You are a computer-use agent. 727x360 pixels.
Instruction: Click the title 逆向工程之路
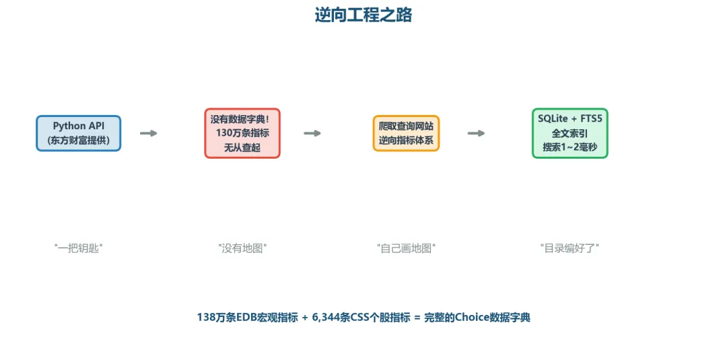(x=363, y=15)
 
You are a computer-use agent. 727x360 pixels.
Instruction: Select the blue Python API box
(x=79, y=133)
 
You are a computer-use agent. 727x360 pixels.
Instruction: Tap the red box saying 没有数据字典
(x=242, y=133)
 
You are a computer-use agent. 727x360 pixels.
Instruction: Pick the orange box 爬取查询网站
(x=406, y=133)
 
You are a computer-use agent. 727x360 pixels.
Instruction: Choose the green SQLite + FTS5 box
(x=569, y=133)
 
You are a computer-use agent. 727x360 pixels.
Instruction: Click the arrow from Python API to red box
(x=148, y=133)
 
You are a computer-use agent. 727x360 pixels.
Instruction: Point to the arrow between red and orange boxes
(x=312, y=133)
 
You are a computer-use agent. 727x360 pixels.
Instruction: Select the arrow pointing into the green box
(x=476, y=133)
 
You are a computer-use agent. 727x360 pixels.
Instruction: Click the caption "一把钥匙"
(x=79, y=248)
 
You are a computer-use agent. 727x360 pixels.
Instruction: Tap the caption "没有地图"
(x=242, y=248)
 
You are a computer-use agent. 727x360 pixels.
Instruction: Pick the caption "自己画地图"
(x=406, y=248)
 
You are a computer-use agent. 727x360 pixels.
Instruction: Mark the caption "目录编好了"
(x=569, y=248)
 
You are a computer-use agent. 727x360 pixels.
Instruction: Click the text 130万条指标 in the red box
(x=242, y=133)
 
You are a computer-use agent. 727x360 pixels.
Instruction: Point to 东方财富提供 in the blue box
(x=79, y=141)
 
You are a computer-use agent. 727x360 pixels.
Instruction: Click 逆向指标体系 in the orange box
(x=406, y=141)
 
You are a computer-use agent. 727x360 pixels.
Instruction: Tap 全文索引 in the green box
(x=569, y=133)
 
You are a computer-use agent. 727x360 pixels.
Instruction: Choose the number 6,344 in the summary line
(x=326, y=318)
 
